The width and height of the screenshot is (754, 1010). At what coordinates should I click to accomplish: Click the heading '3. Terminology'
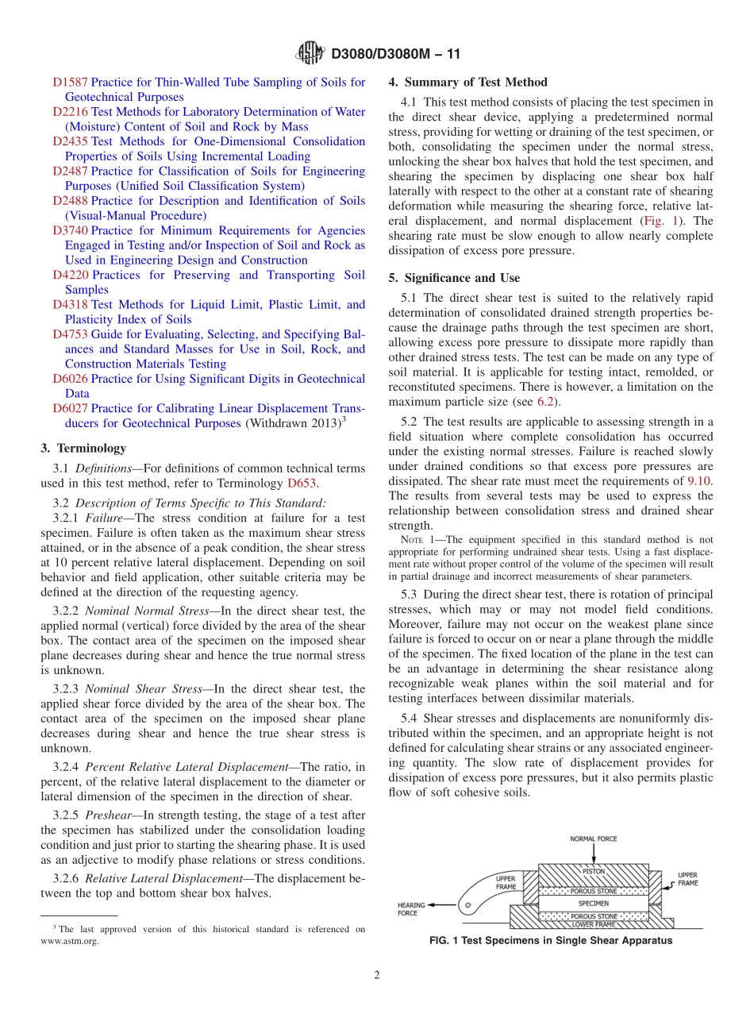pos(83,449)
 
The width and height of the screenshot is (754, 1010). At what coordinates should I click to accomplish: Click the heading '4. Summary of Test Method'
pos(467,82)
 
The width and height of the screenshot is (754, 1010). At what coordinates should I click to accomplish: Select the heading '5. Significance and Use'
pos(454,278)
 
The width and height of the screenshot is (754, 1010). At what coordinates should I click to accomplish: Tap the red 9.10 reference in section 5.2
pos(698,481)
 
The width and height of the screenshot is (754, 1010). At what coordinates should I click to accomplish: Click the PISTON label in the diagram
pos(594,871)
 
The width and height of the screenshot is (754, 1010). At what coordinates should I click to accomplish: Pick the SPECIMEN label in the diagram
pos(594,903)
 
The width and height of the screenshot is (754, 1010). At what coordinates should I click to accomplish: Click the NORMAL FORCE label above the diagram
pos(594,838)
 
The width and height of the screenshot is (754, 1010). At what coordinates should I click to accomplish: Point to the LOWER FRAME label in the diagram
pos(594,924)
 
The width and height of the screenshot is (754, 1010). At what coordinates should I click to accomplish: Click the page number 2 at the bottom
pos(377,976)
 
